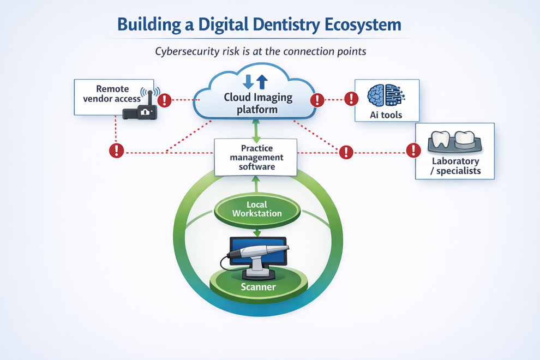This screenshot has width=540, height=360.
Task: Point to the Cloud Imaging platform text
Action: click(258, 103)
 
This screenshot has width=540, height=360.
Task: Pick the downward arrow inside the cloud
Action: click(248, 82)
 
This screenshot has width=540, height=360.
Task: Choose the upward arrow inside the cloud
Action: click(262, 82)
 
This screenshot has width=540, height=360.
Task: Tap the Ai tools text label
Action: click(386, 115)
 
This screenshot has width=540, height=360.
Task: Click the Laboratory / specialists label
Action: click(455, 166)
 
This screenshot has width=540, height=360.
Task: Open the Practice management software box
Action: click(256, 157)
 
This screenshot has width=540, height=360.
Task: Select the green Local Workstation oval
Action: click(257, 209)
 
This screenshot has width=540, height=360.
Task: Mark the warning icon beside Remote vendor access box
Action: click(165, 100)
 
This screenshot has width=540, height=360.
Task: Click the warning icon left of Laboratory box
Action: click(414, 150)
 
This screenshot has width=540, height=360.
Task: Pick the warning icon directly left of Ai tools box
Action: click(352, 99)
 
